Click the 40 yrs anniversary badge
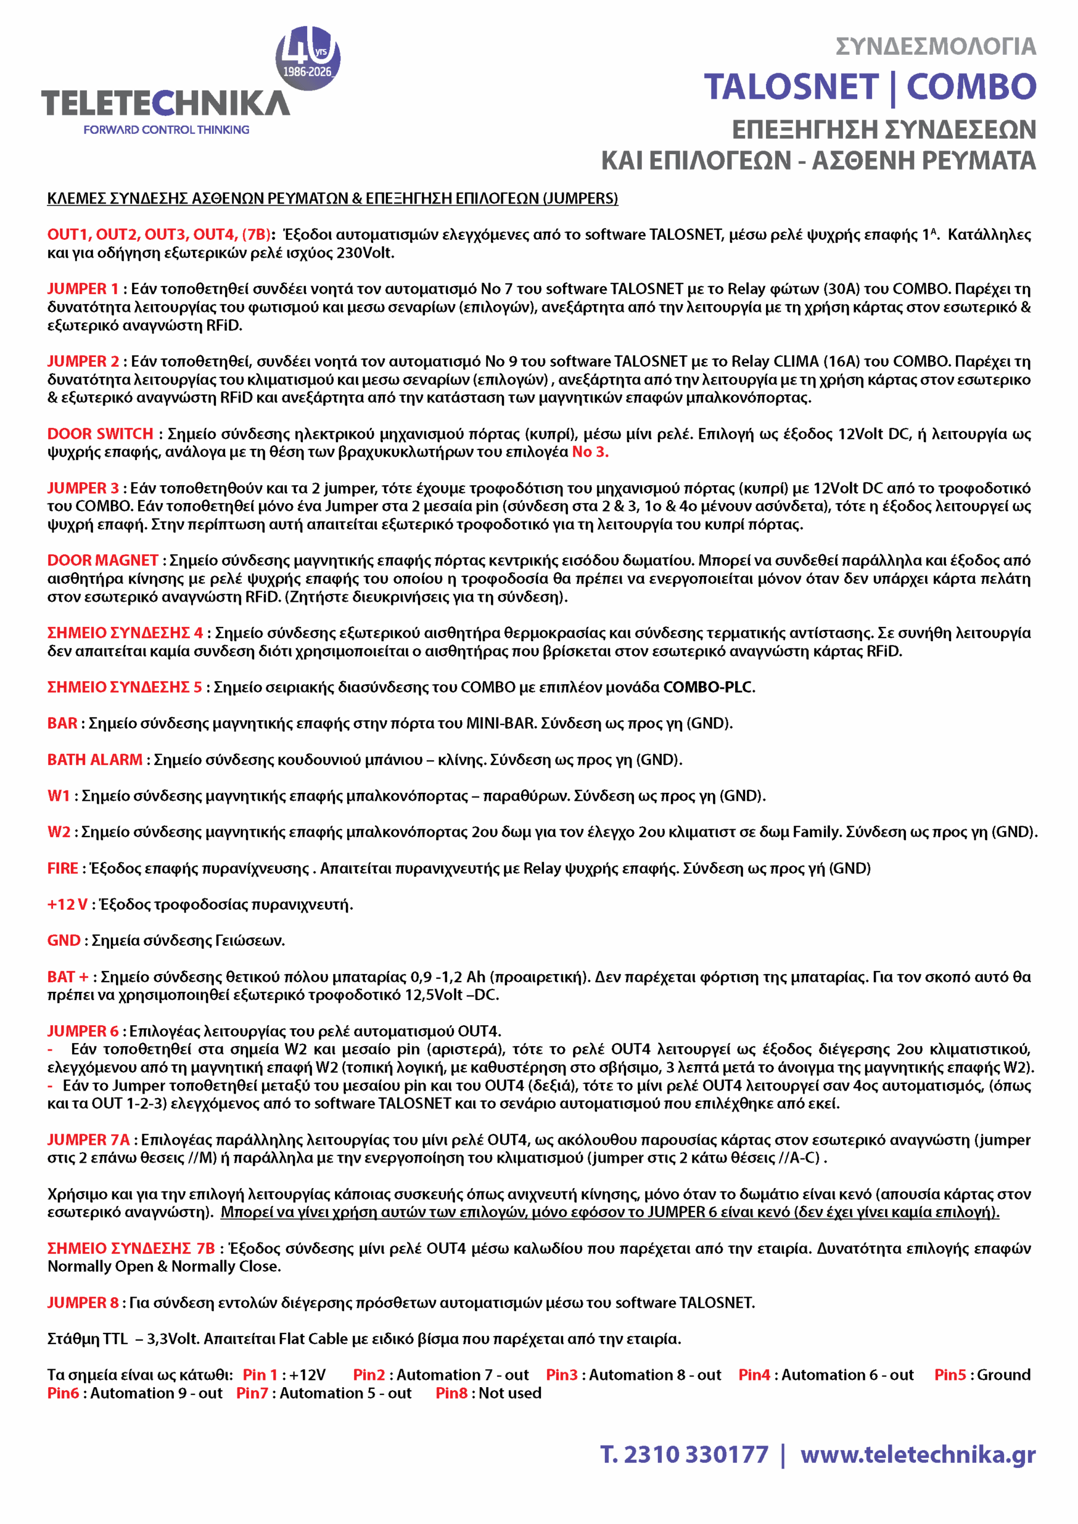click(x=307, y=58)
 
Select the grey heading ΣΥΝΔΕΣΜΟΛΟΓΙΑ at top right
click(x=935, y=46)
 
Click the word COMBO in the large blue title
click(x=971, y=87)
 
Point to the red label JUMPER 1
click(x=82, y=289)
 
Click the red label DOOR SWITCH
click(x=100, y=434)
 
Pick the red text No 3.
click(x=590, y=452)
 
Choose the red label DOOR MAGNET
click(x=102, y=561)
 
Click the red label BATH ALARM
click(x=94, y=760)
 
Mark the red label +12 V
click(x=67, y=905)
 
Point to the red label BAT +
click(x=68, y=977)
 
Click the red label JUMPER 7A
click(x=88, y=1141)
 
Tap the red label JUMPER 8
click(x=83, y=1303)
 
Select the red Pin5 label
click(x=950, y=1375)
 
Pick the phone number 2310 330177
click(x=696, y=1455)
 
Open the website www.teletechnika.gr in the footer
click(x=917, y=1455)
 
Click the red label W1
click(x=58, y=796)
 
